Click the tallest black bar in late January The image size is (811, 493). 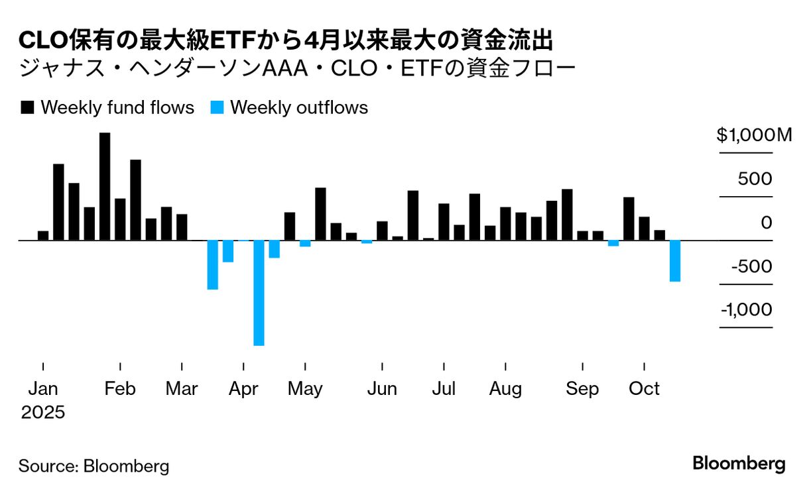[x=105, y=186]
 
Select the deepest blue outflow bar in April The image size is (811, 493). [x=259, y=292]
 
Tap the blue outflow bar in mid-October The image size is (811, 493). [x=675, y=260]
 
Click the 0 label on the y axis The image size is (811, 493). [x=767, y=223]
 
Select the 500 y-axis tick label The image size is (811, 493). [x=757, y=179]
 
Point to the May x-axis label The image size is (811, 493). [x=305, y=388]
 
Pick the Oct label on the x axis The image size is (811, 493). [x=645, y=388]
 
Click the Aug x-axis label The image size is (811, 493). [x=505, y=388]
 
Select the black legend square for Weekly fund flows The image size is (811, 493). [x=27, y=107]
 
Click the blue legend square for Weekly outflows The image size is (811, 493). [x=217, y=107]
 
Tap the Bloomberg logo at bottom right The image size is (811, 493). [x=739, y=463]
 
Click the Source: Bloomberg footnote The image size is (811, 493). [x=94, y=466]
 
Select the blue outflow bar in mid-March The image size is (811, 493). [x=213, y=264]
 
